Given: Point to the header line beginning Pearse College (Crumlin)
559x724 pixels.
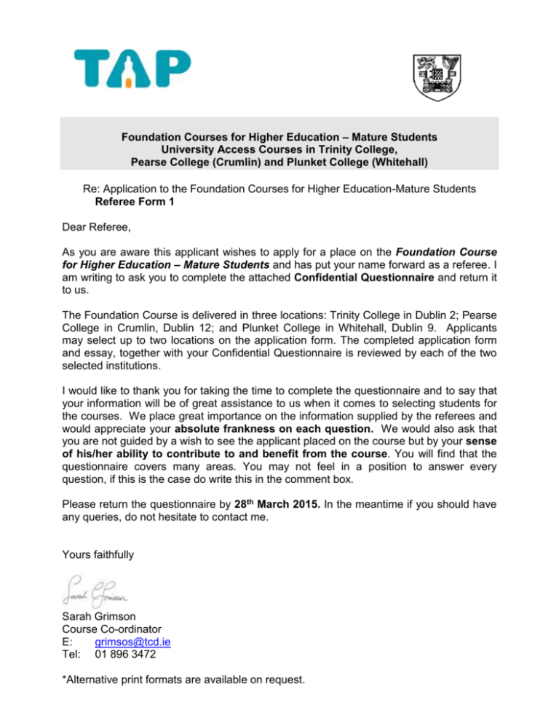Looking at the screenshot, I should point(279,162).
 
